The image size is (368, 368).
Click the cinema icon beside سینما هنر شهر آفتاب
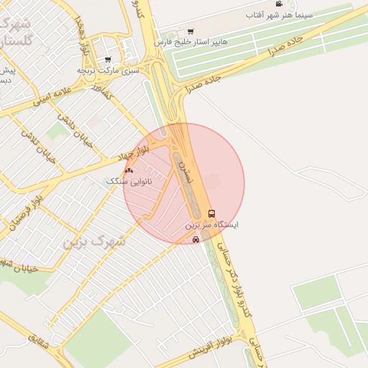click(278, 4)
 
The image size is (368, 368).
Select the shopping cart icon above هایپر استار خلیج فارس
click(190, 31)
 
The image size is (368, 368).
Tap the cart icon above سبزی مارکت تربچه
click(108, 60)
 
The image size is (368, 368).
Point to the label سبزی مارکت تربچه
click(108, 70)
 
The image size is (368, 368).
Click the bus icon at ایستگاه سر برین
click(211, 213)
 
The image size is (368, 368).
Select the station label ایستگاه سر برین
click(213, 225)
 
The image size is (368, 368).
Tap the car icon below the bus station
click(196, 239)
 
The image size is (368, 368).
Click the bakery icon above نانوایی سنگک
click(129, 170)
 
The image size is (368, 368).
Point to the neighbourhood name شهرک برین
click(94, 241)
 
